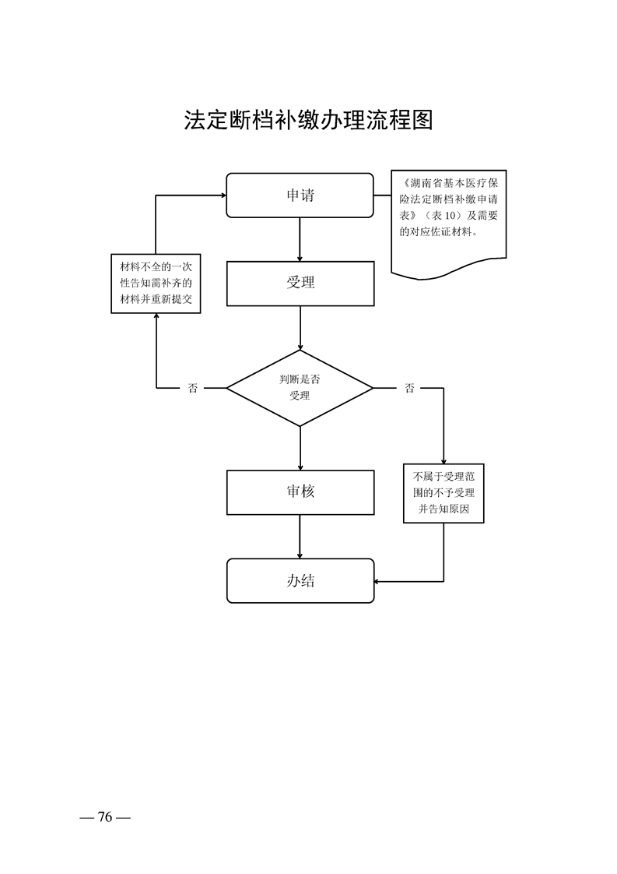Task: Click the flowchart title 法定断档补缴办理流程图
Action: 308,119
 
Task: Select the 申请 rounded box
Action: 300,195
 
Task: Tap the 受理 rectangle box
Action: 300,283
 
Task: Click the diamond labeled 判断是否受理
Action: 300,388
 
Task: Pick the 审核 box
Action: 300,492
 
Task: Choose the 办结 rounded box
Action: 300,580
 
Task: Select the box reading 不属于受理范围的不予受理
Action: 443,493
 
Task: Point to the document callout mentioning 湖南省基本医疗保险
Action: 449,218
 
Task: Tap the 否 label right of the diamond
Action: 409,388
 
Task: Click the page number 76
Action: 105,817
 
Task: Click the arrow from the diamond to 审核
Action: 300,448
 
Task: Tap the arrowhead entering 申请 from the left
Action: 221,196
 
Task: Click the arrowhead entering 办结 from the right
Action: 379,581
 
